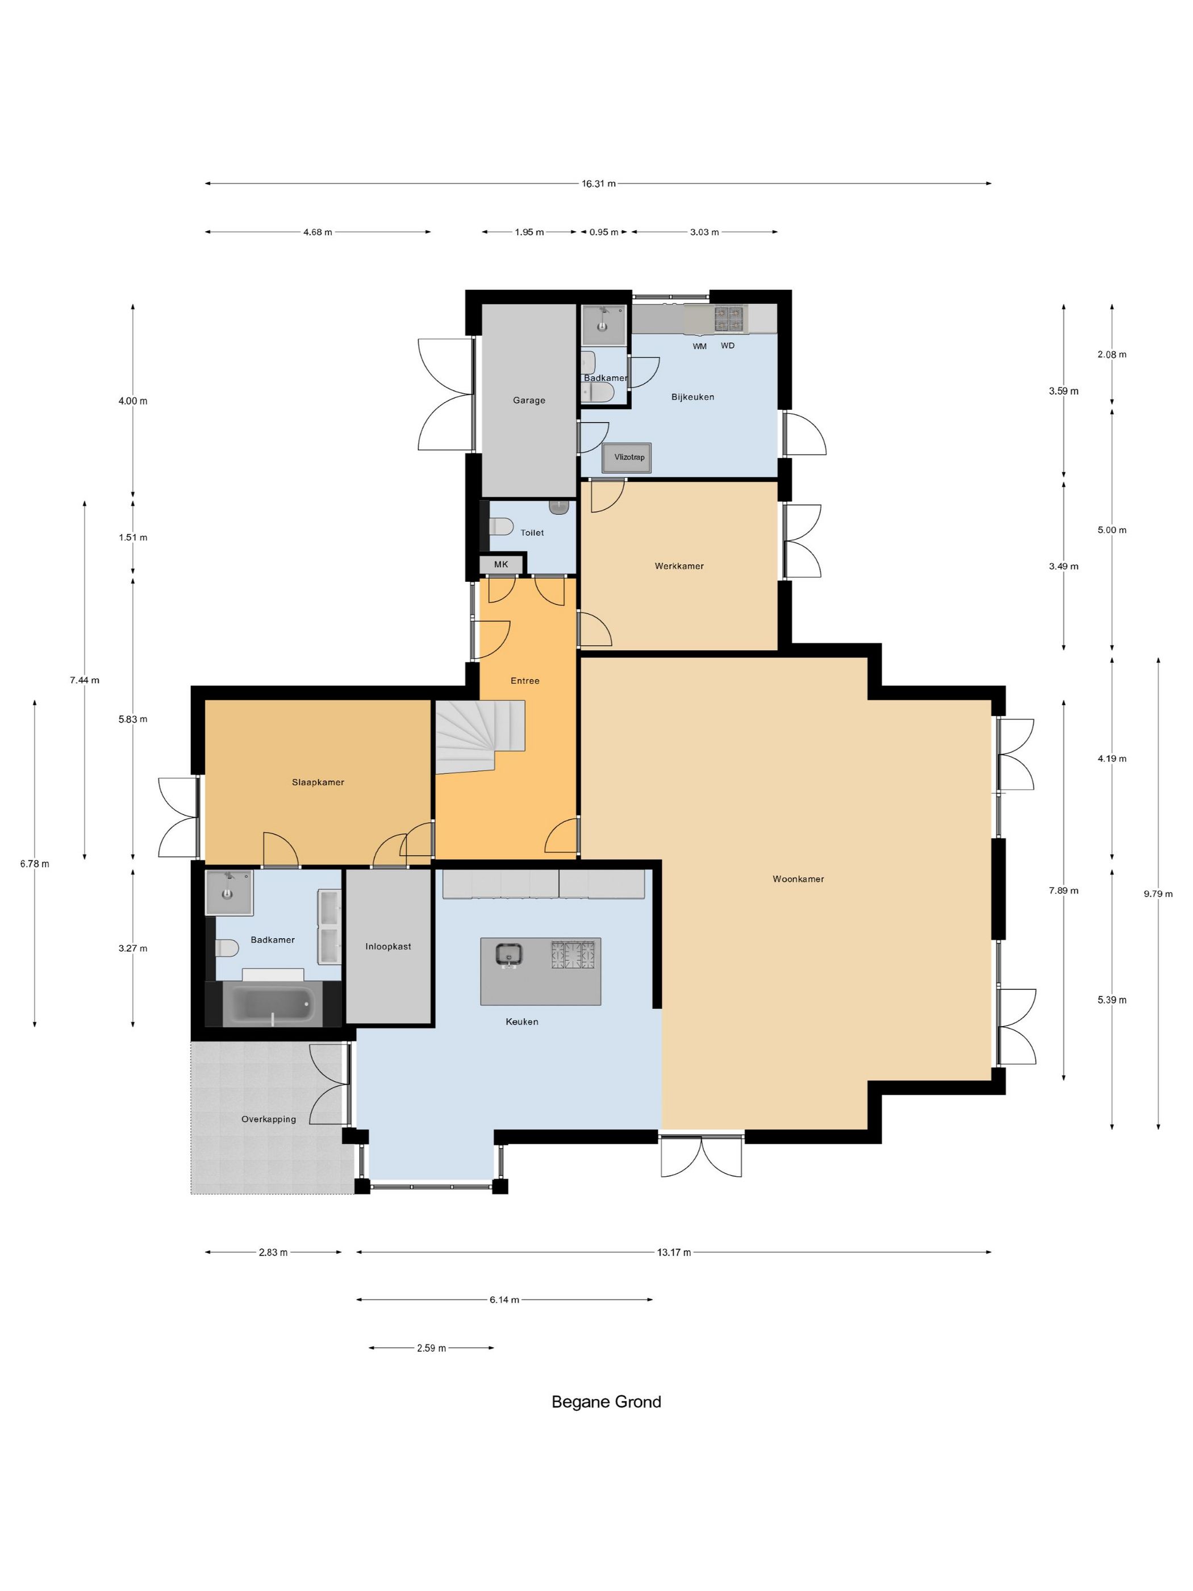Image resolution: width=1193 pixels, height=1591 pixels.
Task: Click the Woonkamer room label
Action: [x=798, y=878]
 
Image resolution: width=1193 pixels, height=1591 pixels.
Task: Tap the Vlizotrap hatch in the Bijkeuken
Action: [x=627, y=457]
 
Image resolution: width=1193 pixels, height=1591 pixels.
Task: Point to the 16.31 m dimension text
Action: [x=598, y=184]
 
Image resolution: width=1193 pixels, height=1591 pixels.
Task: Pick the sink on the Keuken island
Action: [x=508, y=955]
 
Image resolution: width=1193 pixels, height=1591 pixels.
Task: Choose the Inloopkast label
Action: [x=389, y=947]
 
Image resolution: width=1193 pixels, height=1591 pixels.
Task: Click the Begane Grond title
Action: [x=606, y=1401]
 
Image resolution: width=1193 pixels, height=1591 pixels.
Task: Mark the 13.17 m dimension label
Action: [x=674, y=1252]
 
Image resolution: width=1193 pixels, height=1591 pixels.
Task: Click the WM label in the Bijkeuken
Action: [x=700, y=346]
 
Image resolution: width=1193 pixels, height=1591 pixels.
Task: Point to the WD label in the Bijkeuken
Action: [x=728, y=345]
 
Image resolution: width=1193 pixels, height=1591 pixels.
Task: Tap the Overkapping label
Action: [x=269, y=1119]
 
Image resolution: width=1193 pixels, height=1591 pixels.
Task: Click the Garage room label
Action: [x=529, y=401]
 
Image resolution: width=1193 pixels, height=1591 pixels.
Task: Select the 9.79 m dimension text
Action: [x=1158, y=894]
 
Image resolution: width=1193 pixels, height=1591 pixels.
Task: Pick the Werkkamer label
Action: [x=679, y=566]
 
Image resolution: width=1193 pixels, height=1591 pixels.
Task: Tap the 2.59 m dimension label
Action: [x=431, y=1348]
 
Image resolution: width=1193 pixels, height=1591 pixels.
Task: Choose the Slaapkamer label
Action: [x=318, y=782]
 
